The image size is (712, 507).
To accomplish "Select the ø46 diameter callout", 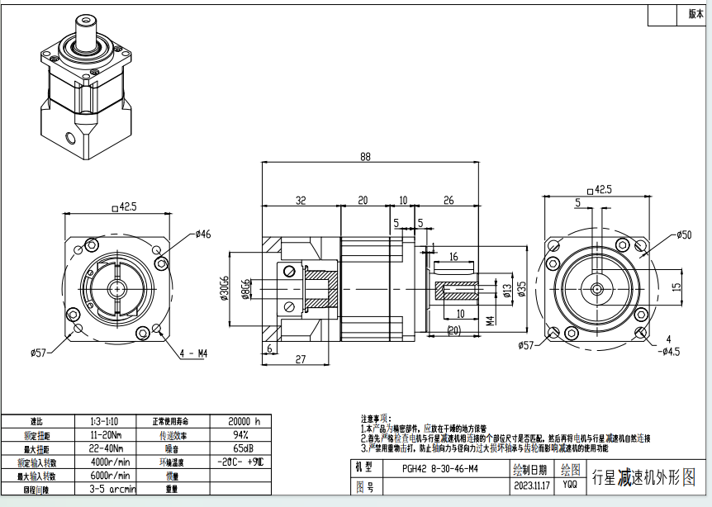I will pos(203,235).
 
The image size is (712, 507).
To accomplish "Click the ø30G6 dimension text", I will pos(224,288).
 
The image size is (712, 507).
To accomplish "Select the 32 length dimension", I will pos(301,201).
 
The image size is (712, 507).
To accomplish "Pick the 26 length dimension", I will pos(448,201).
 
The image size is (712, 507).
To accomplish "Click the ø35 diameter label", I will pos(521,287).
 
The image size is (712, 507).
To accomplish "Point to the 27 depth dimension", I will pos(301,358).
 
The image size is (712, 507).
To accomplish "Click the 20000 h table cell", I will pos(240,420).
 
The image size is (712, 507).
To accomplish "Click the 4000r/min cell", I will pos(108,462).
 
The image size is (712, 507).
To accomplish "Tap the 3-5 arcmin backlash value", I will pos(108,490).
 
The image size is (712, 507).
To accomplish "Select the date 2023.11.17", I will pos(532,487).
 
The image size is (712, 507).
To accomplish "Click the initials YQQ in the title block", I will pos(570,486).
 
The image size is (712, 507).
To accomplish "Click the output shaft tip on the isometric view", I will pos(85,20).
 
